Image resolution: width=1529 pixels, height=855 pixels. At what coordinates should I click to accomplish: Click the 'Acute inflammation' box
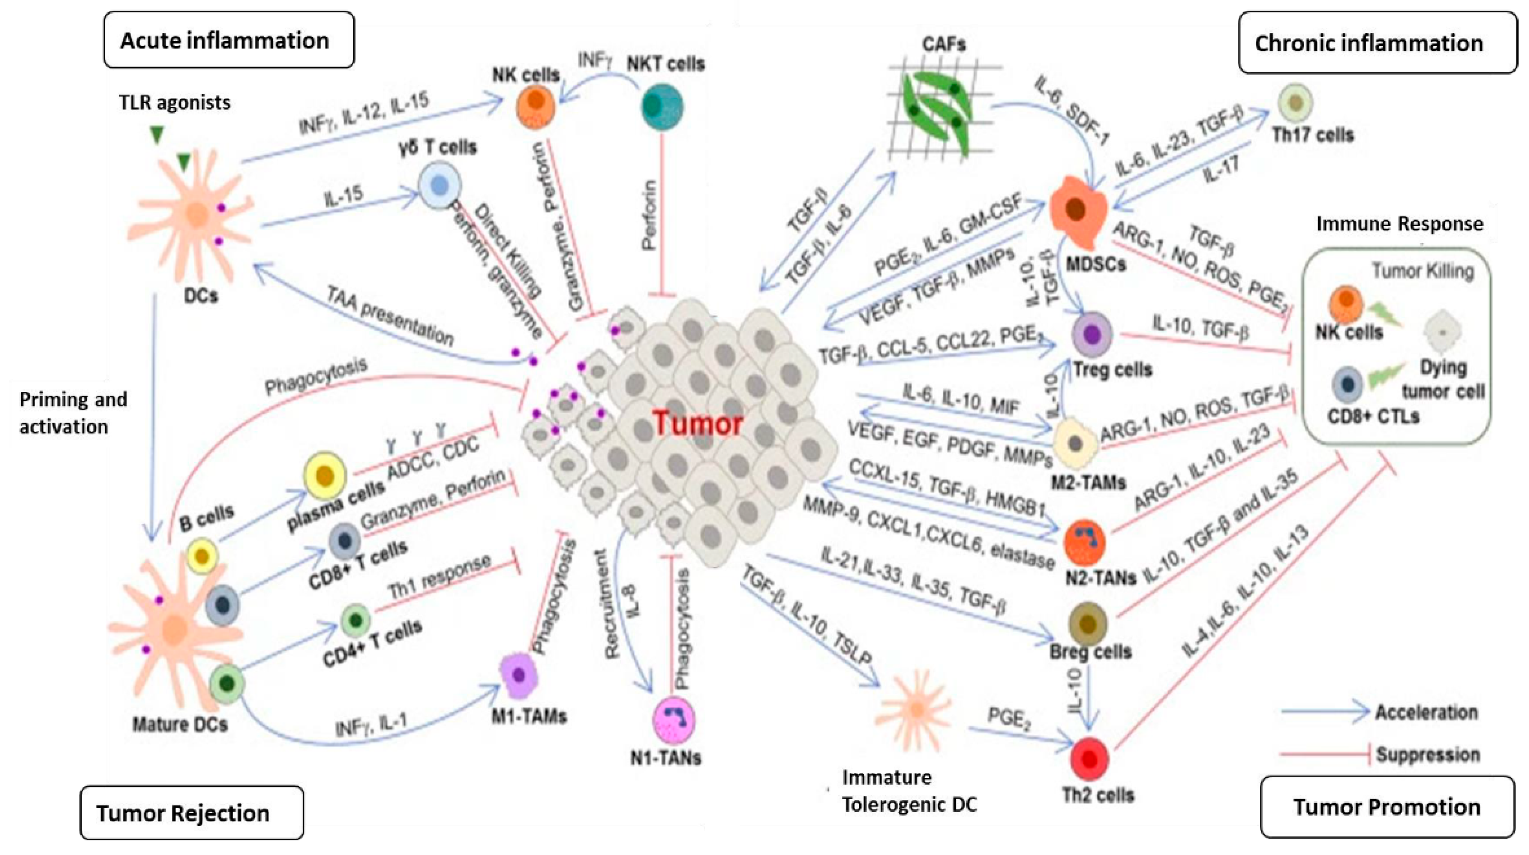tap(228, 40)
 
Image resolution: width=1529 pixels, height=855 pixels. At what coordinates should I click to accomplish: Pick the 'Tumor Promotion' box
tap(1387, 807)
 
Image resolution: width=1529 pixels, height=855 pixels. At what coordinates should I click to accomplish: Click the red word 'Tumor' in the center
tap(698, 423)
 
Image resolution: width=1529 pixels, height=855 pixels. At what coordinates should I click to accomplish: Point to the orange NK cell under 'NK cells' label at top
tap(536, 107)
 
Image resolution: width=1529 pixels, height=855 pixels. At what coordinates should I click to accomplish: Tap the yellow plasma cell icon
tap(325, 475)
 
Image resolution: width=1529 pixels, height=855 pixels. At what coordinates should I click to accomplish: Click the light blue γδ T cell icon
tap(439, 186)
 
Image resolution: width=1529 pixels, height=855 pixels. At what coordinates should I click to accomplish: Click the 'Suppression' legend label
tap(1427, 755)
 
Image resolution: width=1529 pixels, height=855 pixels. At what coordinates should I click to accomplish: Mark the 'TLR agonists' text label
tap(175, 103)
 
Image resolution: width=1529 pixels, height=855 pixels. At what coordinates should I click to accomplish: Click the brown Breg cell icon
tap(1087, 624)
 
